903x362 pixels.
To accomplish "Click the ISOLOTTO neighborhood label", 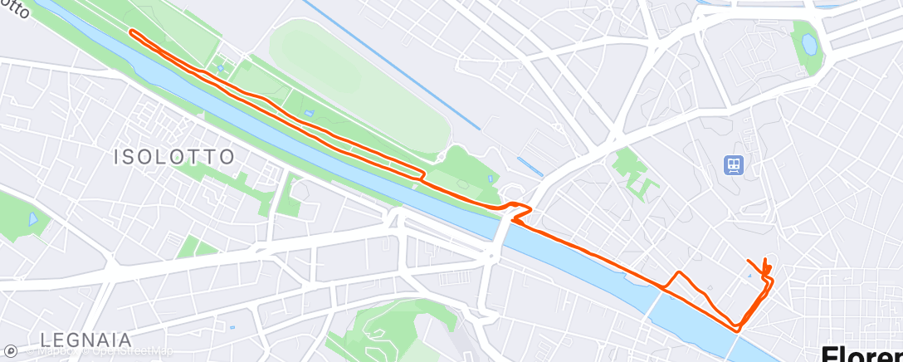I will click(x=175, y=157).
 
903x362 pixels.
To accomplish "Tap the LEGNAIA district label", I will click(x=85, y=340).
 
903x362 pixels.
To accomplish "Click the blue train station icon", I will click(x=733, y=165).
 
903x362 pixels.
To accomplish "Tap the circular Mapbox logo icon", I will click(x=10, y=351).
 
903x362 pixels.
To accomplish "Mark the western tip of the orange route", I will click(x=131, y=32).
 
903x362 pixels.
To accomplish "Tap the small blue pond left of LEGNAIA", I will click(x=34, y=220).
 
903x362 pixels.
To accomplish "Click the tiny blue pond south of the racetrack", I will click(x=309, y=113).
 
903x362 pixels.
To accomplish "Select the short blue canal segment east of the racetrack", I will click(x=530, y=167).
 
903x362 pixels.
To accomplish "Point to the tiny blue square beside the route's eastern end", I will click(x=749, y=275).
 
